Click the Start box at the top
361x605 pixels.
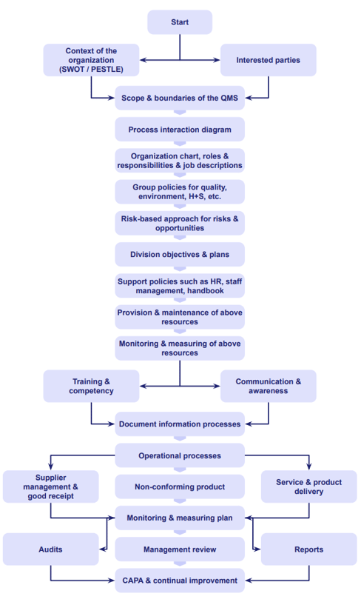pyautogui.click(x=180, y=22)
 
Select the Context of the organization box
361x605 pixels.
pyautogui.click(x=91, y=60)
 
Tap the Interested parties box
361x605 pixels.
pyautogui.click(x=268, y=60)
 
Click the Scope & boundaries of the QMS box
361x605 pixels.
pyautogui.click(x=180, y=98)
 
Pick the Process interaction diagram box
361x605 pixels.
pyautogui.click(x=180, y=130)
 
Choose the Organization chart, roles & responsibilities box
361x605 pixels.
pyautogui.click(x=180, y=161)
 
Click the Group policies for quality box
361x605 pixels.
pyautogui.click(x=180, y=192)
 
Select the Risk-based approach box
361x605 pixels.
pyautogui.click(x=180, y=223)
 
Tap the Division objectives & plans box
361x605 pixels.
pyautogui.click(x=180, y=254)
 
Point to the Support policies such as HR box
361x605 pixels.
pyautogui.click(x=180, y=285)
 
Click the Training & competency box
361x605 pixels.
pyautogui.click(x=91, y=386)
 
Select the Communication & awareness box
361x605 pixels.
pyautogui.click(x=268, y=386)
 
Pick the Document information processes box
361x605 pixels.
pyautogui.click(x=180, y=424)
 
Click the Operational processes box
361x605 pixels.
pyautogui.click(x=180, y=455)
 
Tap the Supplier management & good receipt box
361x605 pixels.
pyautogui.click(x=50, y=487)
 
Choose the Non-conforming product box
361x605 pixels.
pyautogui.click(x=180, y=487)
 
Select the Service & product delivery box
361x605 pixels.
pyautogui.click(x=308, y=487)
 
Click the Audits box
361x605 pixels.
pyautogui.click(x=50, y=549)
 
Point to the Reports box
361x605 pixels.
pyautogui.click(x=308, y=549)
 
